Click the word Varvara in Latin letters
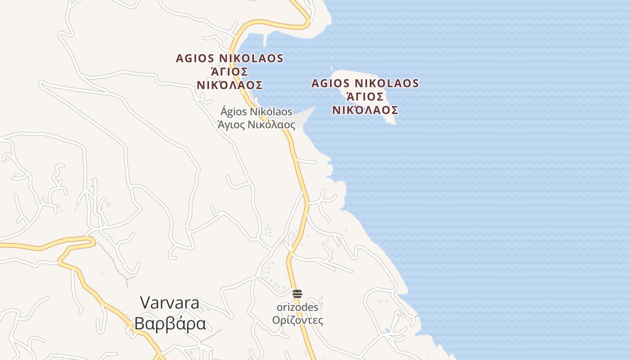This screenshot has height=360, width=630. click(x=170, y=302)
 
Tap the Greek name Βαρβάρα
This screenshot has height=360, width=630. click(x=170, y=324)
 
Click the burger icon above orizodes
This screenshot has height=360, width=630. click(x=297, y=294)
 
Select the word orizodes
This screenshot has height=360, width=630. click(x=297, y=307)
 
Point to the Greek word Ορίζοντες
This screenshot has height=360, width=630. click(x=297, y=320)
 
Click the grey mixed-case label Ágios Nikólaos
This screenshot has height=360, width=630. click(x=256, y=112)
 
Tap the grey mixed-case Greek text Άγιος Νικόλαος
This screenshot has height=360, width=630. click(x=256, y=125)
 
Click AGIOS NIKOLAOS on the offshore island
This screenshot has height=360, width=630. click(x=365, y=84)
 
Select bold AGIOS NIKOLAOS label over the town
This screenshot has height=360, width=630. click(x=229, y=58)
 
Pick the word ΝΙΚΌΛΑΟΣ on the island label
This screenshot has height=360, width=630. click(x=365, y=110)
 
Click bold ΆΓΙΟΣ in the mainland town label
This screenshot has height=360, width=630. click(x=229, y=72)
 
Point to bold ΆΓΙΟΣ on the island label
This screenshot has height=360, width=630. click(x=365, y=97)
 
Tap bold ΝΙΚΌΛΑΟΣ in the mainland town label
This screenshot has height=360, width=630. click(x=229, y=85)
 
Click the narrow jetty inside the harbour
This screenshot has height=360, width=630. click(x=265, y=41)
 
